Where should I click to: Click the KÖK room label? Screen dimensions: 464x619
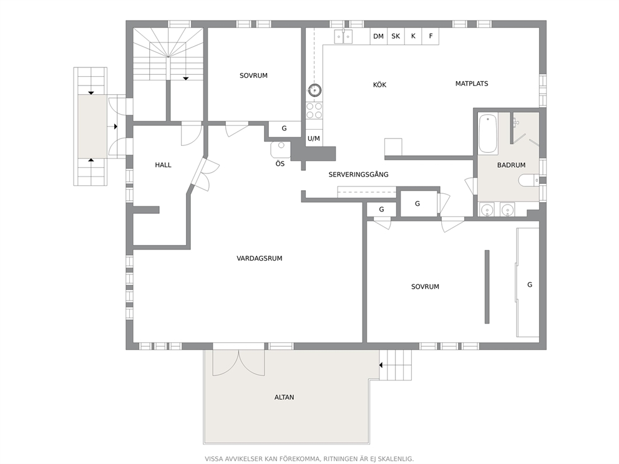pyautogui.click(x=379, y=85)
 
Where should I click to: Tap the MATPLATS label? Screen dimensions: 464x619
pyautogui.click(x=471, y=83)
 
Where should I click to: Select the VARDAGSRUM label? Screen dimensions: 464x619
pyautogui.click(x=259, y=258)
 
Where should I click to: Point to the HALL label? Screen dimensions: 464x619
pyautogui.click(x=163, y=165)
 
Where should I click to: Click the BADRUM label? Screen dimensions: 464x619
pyautogui.click(x=511, y=165)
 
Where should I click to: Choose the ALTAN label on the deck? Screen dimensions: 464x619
pyautogui.click(x=284, y=397)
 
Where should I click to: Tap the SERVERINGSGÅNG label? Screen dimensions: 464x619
pyautogui.click(x=358, y=175)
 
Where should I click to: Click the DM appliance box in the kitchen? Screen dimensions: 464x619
pyautogui.click(x=378, y=36)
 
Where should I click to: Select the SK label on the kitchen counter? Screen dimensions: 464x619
pyautogui.click(x=396, y=36)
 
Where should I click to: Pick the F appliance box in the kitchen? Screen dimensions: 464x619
pyautogui.click(x=431, y=36)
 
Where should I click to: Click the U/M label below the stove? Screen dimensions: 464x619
pyautogui.click(x=314, y=138)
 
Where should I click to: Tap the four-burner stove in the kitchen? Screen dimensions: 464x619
pyautogui.click(x=314, y=110)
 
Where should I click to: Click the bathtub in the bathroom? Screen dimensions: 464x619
pyautogui.click(x=487, y=132)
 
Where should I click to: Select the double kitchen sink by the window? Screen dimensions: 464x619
pyautogui.click(x=343, y=37)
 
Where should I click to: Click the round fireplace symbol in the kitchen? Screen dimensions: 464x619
pyautogui.click(x=314, y=90)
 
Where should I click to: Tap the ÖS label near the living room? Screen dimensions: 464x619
pyautogui.click(x=280, y=164)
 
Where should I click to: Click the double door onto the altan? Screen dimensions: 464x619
pyautogui.click(x=238, y=362)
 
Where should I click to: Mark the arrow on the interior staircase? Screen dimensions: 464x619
pyautogui.click(x=185, y=78)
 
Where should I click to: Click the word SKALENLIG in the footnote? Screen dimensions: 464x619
pyautogui.click(x=393, y=458)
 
